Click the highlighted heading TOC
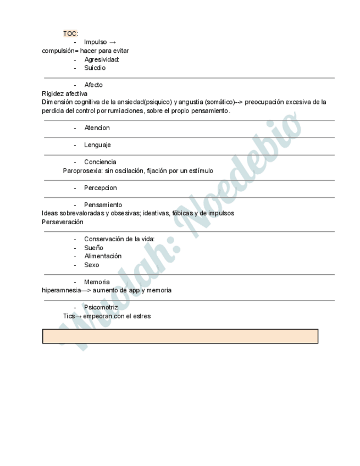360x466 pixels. click(x=70, y=34)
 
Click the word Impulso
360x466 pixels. click(x=96, y=42)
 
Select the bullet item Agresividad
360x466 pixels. click(x=102, y=59)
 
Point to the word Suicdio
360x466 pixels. click(x=95, y=68)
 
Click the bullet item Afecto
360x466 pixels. click(x=93, y=85)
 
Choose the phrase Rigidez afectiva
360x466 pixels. click(x=64, y=93)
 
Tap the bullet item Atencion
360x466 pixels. click(x=97, y=128)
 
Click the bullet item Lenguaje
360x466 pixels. click(x=97, y=145)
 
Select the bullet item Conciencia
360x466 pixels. click(x=100, y=162)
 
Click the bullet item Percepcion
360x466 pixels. click(x=101, y=188)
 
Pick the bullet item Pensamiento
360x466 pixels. click(x=103, y=205)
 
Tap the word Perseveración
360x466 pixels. click(x=63, y=222)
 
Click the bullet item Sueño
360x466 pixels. click(x=93, y=248)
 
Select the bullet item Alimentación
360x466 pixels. click(x=103, y=256)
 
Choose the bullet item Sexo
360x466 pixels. click(x=92, y=265)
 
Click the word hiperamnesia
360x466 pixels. click(x=61, y=290)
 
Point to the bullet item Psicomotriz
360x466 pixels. click(x=101, y=308)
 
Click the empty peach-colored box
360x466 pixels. click(x=180, y=336)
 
